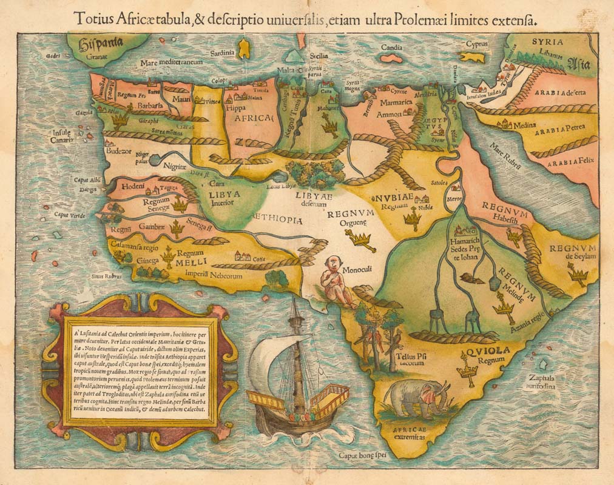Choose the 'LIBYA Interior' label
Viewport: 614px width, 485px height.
click(x=225, y=198)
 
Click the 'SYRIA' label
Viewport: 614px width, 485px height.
click(x=547, y=42)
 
